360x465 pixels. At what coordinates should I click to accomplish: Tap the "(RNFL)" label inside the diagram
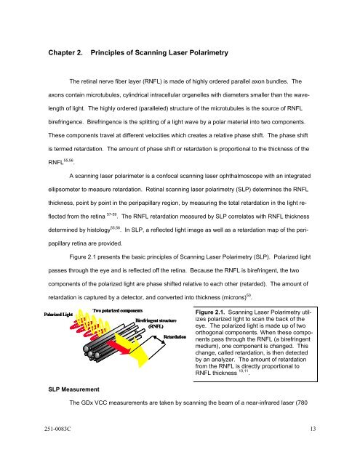(x=159, y=348)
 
